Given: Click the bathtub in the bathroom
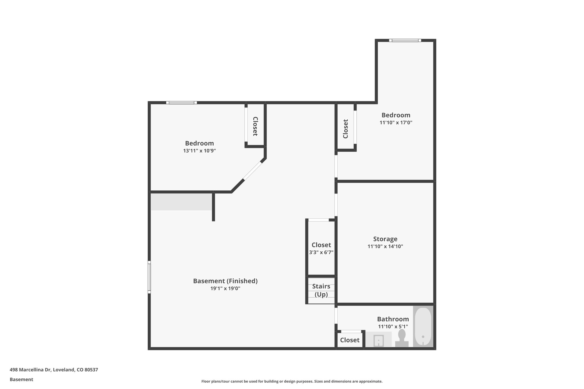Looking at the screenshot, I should [423, 327].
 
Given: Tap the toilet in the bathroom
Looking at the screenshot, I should [401, 338].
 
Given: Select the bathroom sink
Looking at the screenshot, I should [379, 340].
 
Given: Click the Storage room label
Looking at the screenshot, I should [385, 239].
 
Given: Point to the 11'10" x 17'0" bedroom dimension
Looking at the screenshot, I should [396, 123].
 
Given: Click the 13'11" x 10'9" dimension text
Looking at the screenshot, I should [199, 151].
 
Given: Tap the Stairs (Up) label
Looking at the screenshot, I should [321, 290].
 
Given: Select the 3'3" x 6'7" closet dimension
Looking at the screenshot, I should [321, 252].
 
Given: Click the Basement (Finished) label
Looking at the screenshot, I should [225, 281].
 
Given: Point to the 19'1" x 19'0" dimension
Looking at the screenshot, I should [225, 288].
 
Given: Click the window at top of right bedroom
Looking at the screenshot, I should [405, 40].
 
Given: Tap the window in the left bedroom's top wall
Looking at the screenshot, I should [181, 103].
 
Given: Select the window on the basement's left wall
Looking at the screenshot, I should [149, 277].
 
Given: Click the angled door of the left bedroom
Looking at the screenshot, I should [252, 171].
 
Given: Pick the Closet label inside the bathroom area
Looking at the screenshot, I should [350, 340].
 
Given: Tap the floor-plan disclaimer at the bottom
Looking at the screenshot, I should [292, 381].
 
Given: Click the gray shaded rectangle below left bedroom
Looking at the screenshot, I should [181, 202].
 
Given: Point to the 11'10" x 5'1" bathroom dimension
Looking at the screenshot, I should [393, 327].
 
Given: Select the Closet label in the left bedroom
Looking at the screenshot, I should [255, 126].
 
